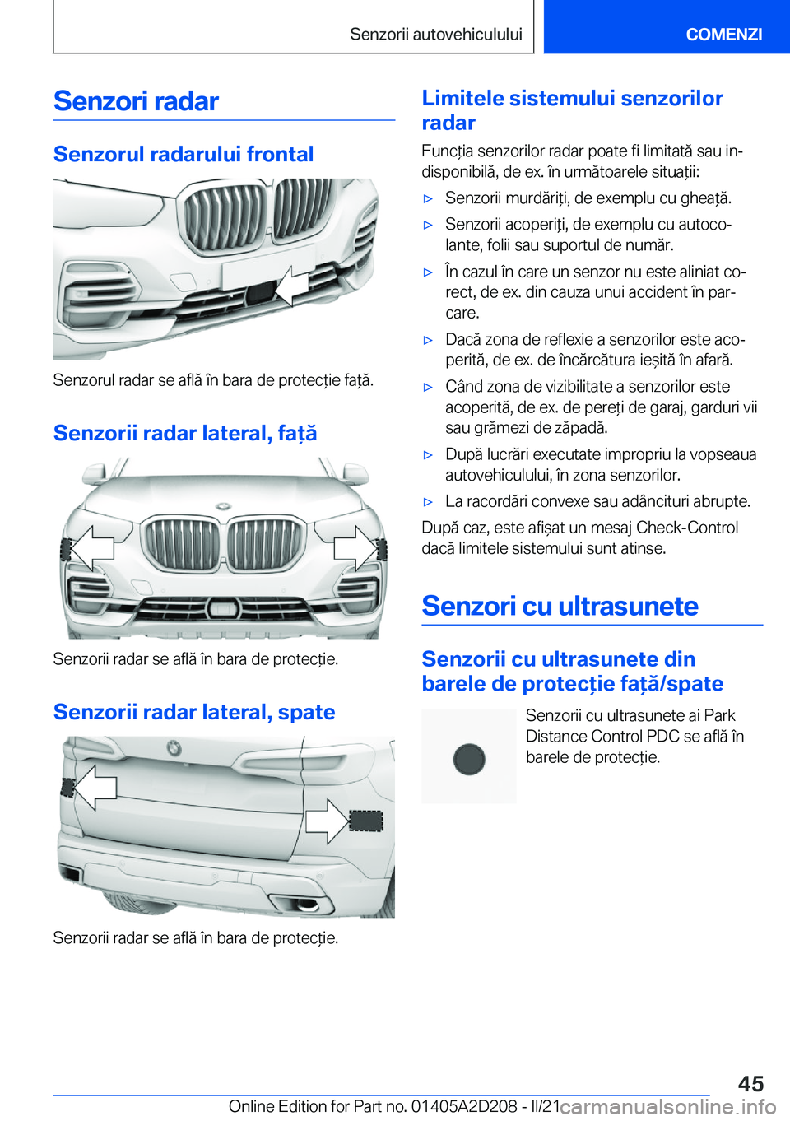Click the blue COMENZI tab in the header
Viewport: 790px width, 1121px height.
(x=723, y=34)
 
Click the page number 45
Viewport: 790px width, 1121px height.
(x=750, y=1083)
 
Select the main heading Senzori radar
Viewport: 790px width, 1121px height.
(x=136, y=101)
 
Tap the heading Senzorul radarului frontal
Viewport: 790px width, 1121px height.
(x=184, y=154)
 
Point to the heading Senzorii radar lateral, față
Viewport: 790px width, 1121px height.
(x=185, y=433)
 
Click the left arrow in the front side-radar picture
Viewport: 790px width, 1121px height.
(x=91, y=547)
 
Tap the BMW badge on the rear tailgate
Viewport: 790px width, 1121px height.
(x=174, y=747)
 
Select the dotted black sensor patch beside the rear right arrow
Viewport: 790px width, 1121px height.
(x=366, y=821)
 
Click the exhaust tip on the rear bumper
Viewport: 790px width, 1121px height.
(x=306, y=905)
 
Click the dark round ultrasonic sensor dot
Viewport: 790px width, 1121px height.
(x=469, y=758)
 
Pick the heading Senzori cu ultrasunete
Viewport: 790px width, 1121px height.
(x=560, y=607)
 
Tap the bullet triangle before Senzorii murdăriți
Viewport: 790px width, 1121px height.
(x=428, y=198)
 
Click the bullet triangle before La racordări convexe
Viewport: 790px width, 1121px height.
(x=428, y=501)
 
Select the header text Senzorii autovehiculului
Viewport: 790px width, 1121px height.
(x=436, y=34)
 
